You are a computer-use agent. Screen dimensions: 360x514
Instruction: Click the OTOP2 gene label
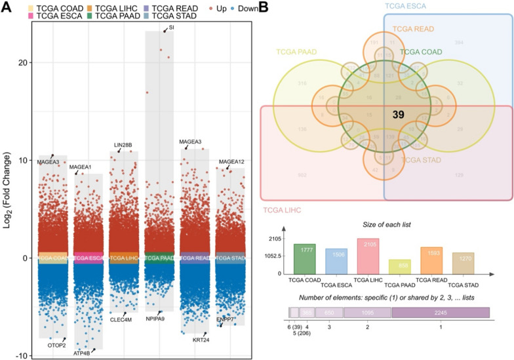click(58, 344)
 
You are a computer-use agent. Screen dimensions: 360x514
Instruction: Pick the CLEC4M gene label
click(121, 319)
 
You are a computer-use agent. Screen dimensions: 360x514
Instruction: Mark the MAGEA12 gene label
click(231, 162)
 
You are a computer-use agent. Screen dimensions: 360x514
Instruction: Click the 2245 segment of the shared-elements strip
click(440, 313)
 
